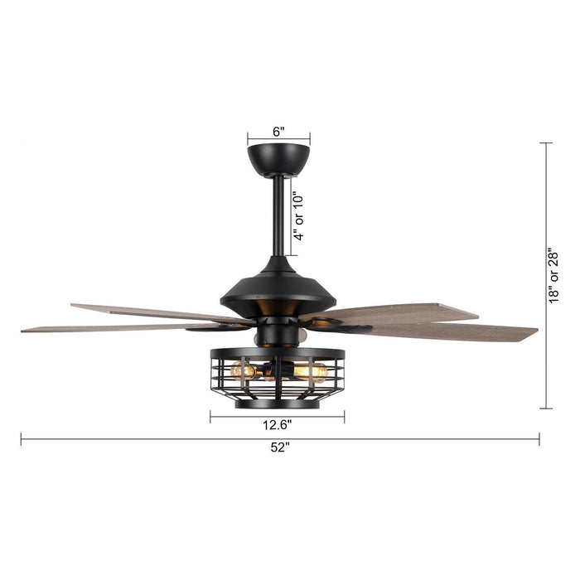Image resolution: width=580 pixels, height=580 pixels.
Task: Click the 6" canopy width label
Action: pyautogui.click(x=278, y=131)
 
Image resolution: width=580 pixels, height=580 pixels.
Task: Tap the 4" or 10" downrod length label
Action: pyautogui.click(x=300, y=215)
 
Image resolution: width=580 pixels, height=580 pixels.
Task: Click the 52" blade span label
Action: pyautogui.click(x=279, y=447)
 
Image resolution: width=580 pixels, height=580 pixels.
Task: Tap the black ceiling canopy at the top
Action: pyautogui.click(x=278, y=157)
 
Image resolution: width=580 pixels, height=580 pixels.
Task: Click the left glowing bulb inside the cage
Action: pyautogui.click(x=246, y=371)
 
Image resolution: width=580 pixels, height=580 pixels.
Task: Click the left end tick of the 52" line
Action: pyautogui.click(x=22, y=439)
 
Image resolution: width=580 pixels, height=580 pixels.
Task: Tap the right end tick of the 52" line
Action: pyautogui.click(x=539, y=439)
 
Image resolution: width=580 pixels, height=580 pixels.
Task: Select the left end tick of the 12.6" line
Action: pyautogui.click(x=210, y=418)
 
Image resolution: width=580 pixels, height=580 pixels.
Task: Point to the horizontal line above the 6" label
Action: pyautogui.click(x=278, y=141)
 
